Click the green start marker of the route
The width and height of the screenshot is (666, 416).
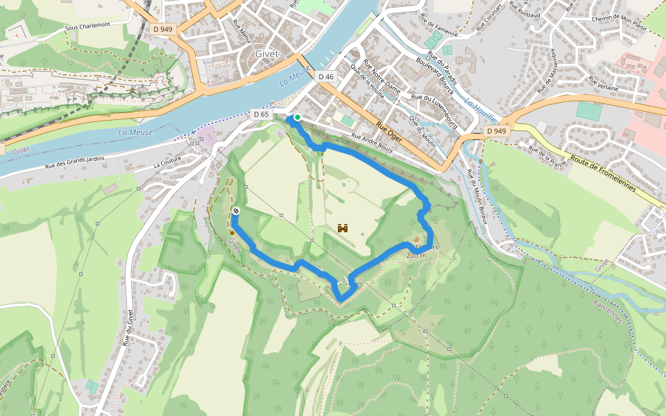297,117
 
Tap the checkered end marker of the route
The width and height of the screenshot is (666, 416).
237,211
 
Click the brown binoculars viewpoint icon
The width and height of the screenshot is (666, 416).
343,227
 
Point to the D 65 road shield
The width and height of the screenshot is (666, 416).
261,114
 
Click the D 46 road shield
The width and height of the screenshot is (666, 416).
325,76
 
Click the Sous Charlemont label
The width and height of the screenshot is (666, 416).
87,26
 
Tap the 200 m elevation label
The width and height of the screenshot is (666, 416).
416,255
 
